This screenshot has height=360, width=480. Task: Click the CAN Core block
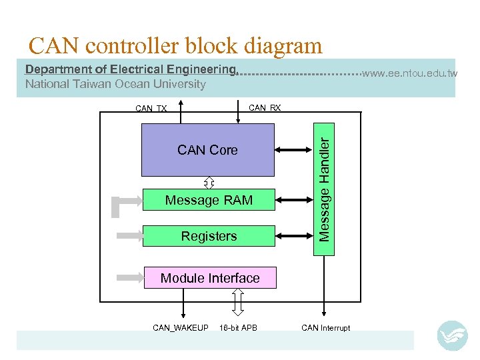point(207,150)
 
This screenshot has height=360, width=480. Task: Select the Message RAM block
point(209,200)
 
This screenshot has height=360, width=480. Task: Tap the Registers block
point(209,236)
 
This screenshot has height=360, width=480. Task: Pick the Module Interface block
point(210,278)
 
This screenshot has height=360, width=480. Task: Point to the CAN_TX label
point(151,109)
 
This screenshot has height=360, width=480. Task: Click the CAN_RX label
point(265,107)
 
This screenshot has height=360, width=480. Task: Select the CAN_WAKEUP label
point(181,327)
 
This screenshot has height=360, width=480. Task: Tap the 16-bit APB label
point(238,327)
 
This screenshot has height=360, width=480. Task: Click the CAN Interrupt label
point(325,327)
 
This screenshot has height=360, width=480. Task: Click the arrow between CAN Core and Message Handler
point(294,150)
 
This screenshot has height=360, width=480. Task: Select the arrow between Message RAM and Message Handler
point(294,199)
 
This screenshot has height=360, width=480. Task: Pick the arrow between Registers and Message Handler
point(294,235)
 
